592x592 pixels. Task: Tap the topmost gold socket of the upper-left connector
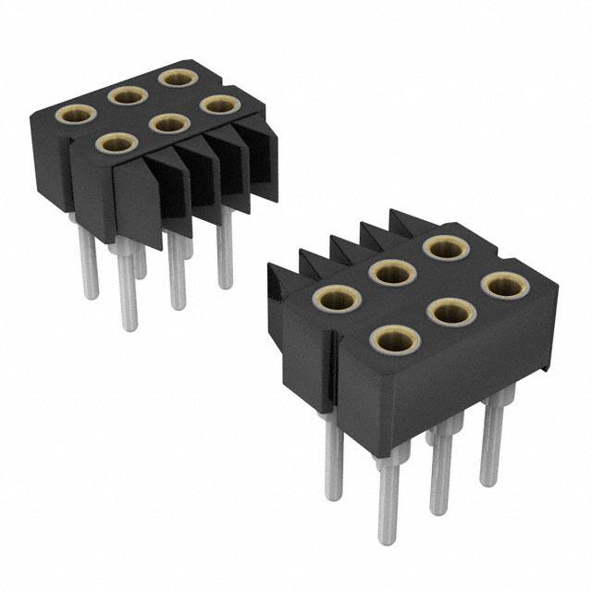174,76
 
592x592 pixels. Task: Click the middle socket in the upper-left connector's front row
167,122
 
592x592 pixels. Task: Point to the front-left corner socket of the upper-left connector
116,142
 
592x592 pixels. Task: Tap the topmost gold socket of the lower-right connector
445,248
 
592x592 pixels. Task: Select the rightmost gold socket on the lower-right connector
500,285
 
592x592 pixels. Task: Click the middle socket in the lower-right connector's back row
390,272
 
